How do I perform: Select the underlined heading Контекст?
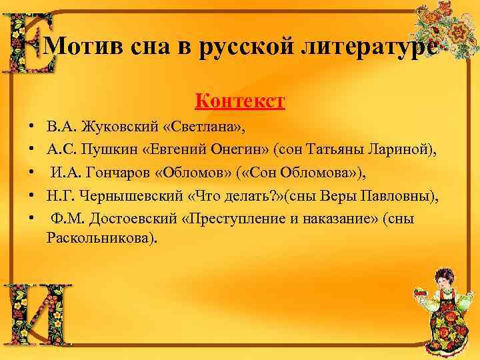coord(240,101)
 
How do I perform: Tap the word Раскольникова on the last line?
coord(102,238)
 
